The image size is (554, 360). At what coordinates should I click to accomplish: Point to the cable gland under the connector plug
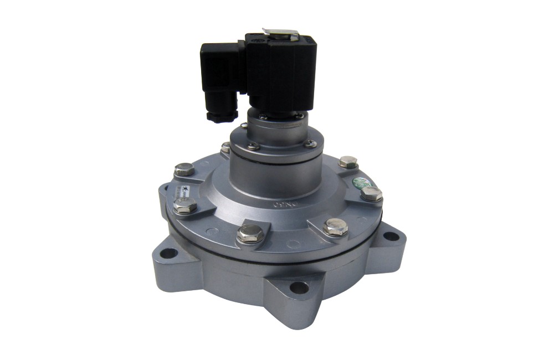(x=217, y=115)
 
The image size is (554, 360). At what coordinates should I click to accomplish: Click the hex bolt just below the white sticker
(x=185, y=206)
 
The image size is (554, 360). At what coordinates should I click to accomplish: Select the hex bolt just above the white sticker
(x=183, y=169)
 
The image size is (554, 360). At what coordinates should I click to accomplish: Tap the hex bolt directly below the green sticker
(x=371, y=194)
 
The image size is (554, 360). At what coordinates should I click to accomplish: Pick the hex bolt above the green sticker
(x=348, y=162)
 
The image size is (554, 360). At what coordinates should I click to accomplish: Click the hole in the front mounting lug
(x=299, y=287)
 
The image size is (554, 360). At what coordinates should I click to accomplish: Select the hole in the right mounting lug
(x=391, y=236)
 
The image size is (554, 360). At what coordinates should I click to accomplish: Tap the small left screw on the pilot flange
(x=253, y=146)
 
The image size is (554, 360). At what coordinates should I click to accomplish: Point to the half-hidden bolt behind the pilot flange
(x=225, y=147)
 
